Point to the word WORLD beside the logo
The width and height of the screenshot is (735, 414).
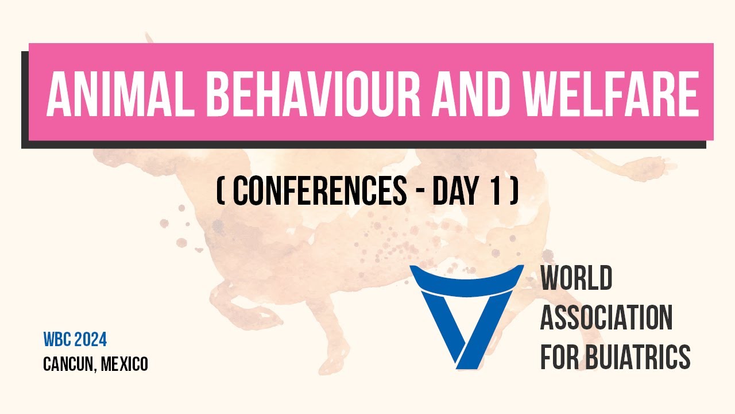576,279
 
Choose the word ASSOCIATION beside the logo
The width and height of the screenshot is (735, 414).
606,318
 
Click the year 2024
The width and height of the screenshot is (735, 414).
90,340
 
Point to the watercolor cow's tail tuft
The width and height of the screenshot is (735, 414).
660,167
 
